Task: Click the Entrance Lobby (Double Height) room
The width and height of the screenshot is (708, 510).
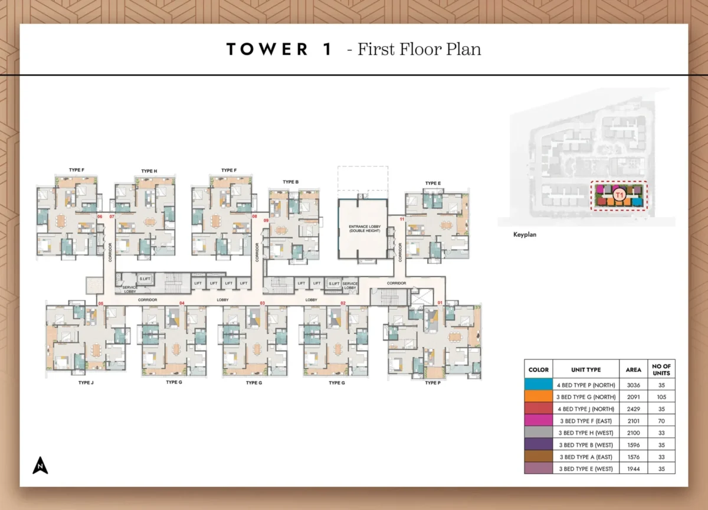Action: pyautogui.click(x=362, y=229)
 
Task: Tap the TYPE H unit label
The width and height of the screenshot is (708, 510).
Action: pyautogui.click(x=149, y=171)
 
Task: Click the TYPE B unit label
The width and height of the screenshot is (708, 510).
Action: pyautogui.click(x=290, y=182)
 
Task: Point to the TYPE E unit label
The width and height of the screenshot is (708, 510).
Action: pyautogui.click(x=432, y=184)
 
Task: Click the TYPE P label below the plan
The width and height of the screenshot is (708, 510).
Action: pyautogui.click(x=432, y=383)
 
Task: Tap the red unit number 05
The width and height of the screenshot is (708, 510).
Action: pyautogui.click(x=101, y=303)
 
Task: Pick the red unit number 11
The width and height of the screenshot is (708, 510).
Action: pyautogui.click(x=402, y=219)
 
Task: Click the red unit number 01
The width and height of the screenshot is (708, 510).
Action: pyautogui.click(x=440, y=303)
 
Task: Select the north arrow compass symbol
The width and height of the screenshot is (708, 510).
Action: pyautogui.click(x=40, y=466)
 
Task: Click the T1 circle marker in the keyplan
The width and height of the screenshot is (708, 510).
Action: pyautogui.click(x=619, y=195)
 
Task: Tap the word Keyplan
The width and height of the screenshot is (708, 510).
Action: pyautogui.click(x=525, y=234)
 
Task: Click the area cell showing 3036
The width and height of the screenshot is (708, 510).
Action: pyautogui.click(x=633, y=385)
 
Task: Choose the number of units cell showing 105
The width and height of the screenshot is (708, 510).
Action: pyautogui.click(x=661, y=397)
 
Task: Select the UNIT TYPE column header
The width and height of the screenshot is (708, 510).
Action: pyautogui.click(x=586, y=370)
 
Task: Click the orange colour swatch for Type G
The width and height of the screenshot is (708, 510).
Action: pyautogui.click(x=538, y=397)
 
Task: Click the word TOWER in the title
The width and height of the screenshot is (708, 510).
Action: pyautogui.click(x=267, y=50)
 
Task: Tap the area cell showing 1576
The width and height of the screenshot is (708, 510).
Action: pyautogui.click(x=633, y=456)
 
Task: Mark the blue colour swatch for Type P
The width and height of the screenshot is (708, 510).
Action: pyautogui.click(x=538, y=385)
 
